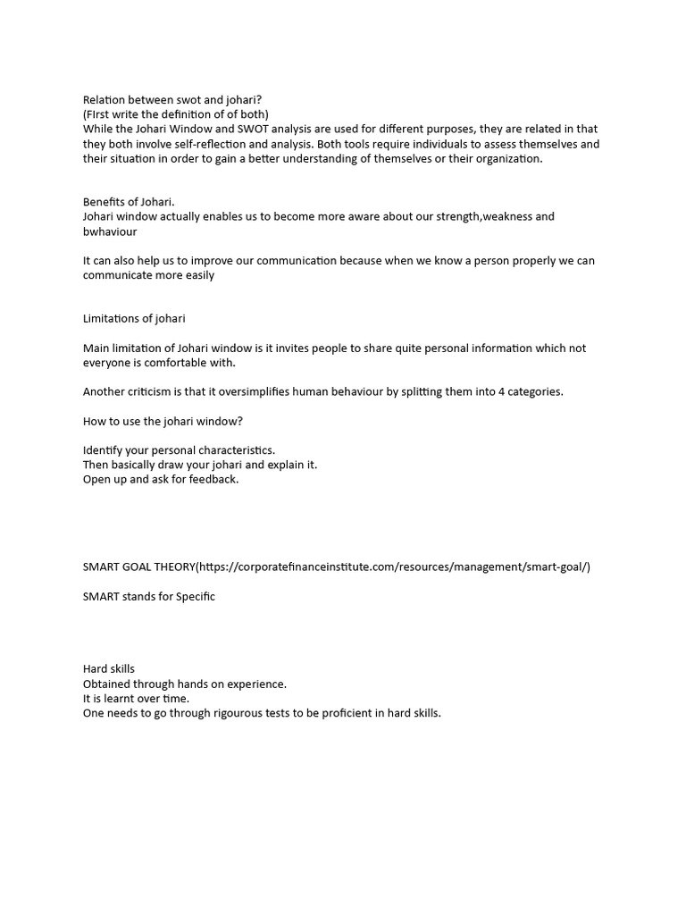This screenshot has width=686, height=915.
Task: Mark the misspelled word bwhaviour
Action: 110,231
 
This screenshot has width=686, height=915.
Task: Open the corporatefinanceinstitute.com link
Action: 393,567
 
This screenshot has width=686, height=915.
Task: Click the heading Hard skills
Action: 109,668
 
